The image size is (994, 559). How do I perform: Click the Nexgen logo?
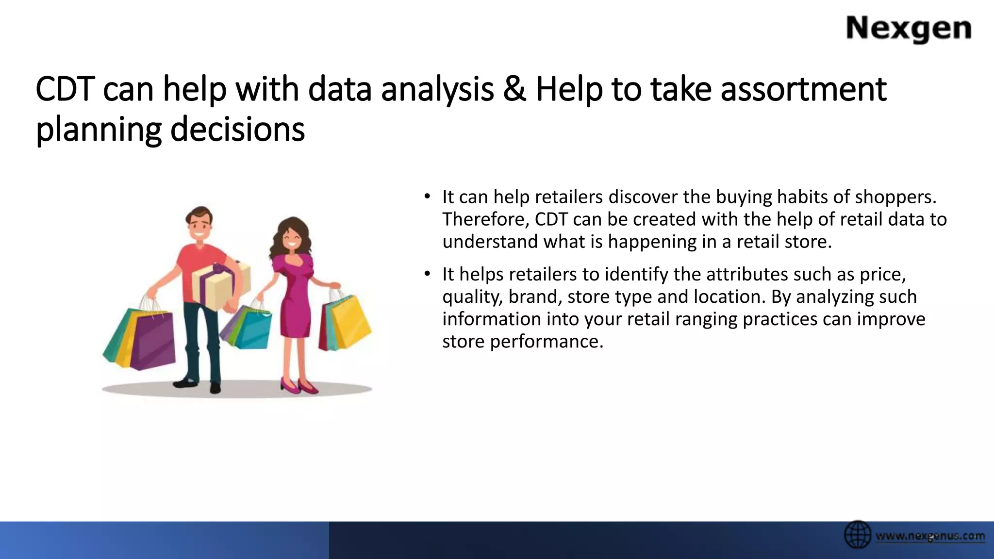909,29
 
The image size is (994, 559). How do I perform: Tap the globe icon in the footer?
858,535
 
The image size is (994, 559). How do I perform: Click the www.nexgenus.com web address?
930,536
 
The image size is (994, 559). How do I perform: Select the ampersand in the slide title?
514,90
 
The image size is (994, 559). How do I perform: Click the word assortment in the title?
803,90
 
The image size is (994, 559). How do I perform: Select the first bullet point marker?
427,197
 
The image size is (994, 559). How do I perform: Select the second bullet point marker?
427,274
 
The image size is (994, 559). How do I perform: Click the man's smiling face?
199,227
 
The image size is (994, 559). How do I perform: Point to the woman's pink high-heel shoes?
298,386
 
